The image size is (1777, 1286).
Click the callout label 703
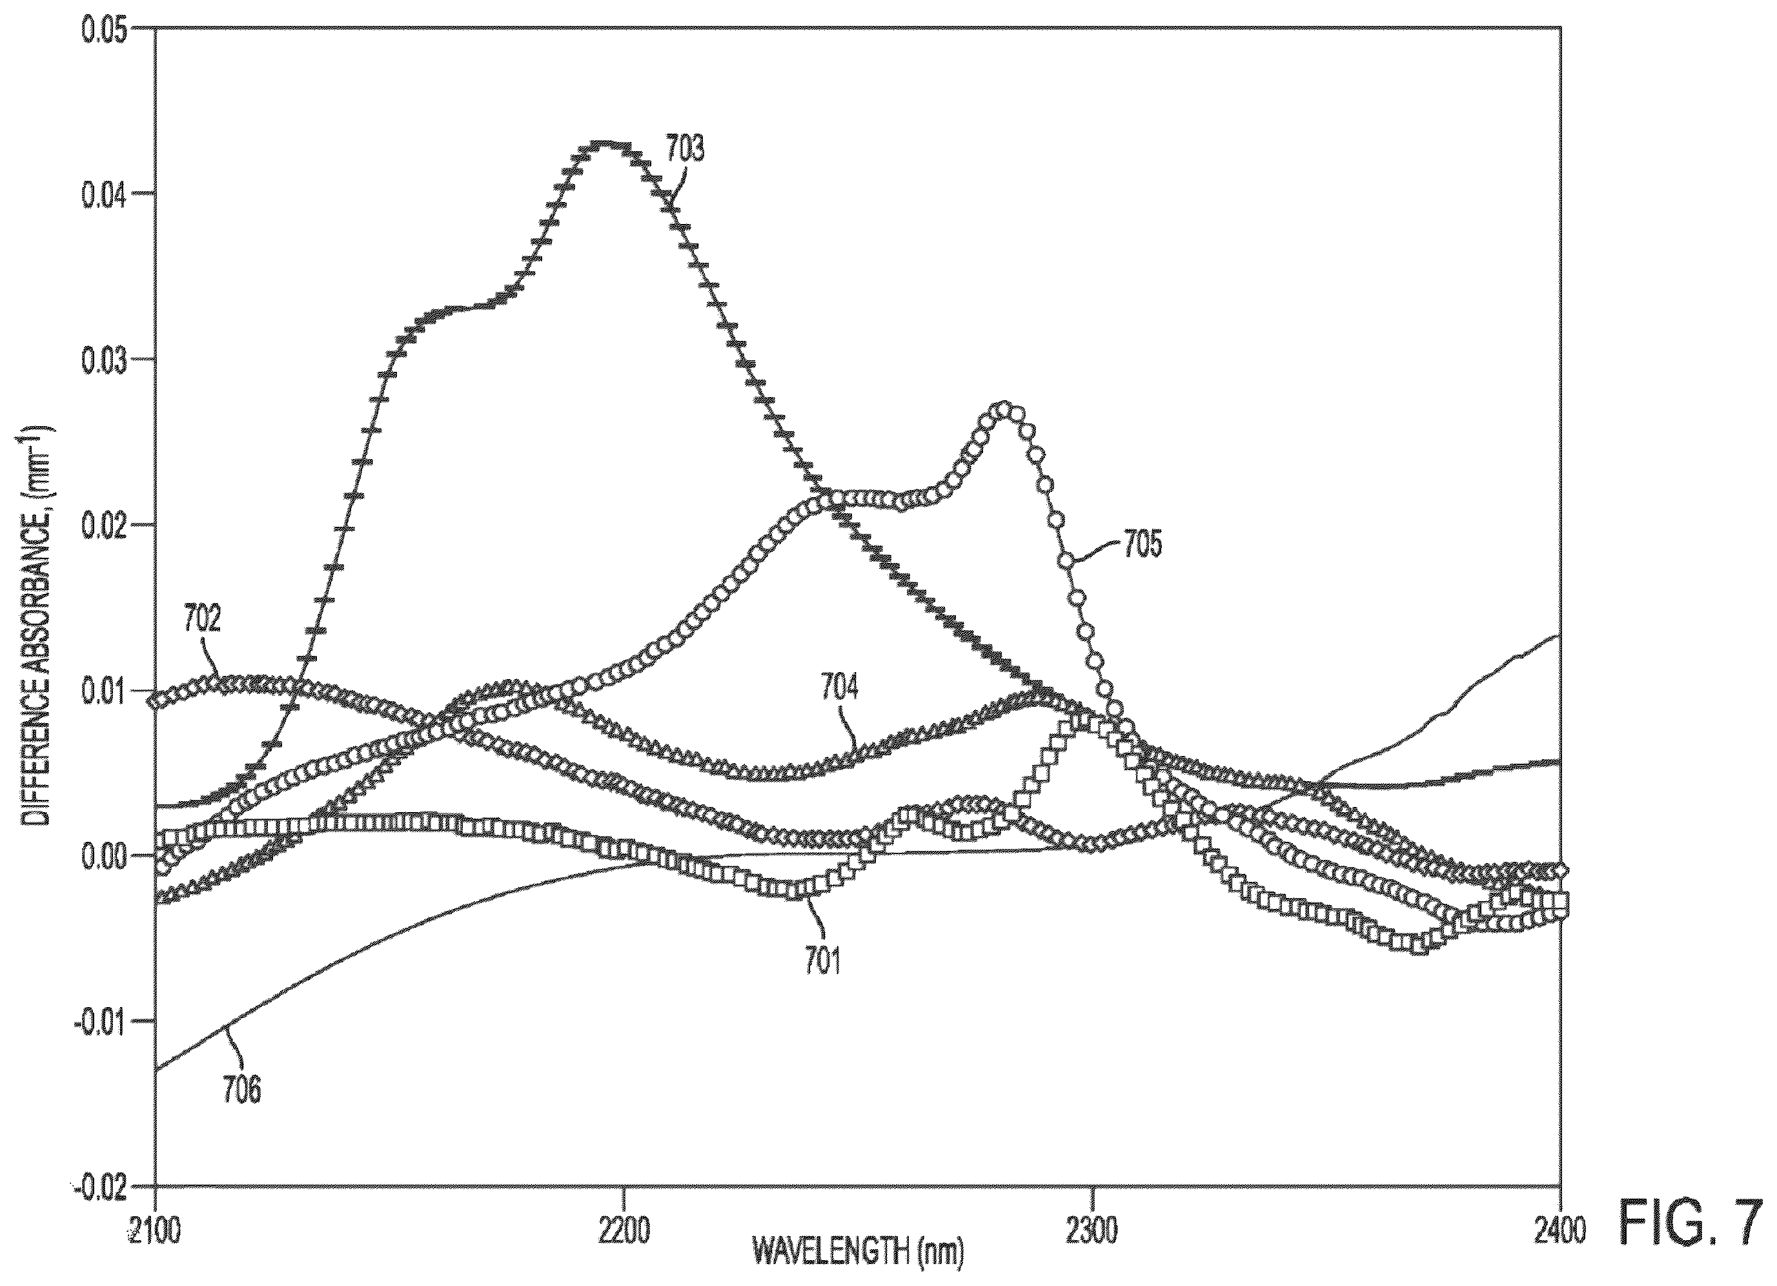tap(685, 149)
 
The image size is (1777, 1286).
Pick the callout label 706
tap(241, 1090)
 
